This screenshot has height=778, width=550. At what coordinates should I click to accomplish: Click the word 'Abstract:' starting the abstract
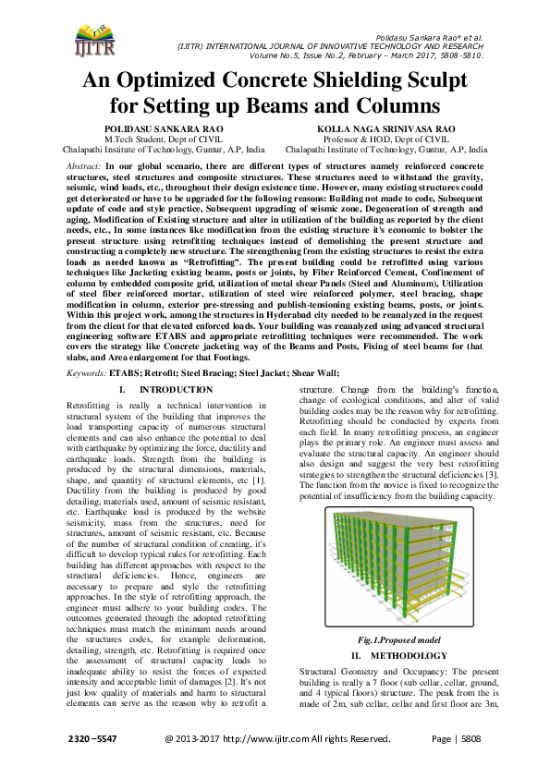pos(85,164)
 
